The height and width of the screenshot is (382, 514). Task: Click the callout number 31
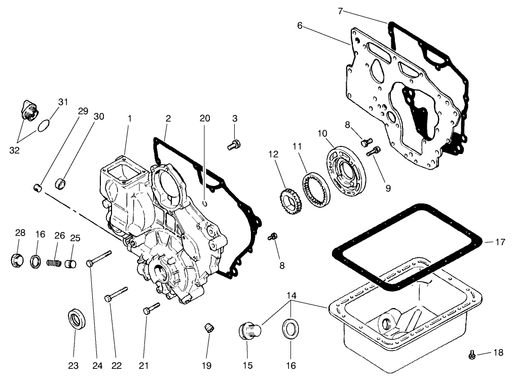tap(62, 102)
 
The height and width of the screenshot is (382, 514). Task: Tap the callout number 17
tap(500, 242)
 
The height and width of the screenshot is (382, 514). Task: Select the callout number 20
tap(205, 118)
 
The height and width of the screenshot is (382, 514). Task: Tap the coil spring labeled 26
tap(53, 264)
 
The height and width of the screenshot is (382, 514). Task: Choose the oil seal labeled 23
tap(77, 319)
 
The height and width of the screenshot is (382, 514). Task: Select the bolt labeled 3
tap(234, 145)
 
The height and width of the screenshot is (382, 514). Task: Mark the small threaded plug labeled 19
tap(208, 328)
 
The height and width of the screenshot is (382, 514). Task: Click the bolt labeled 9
tap(375, 150)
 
